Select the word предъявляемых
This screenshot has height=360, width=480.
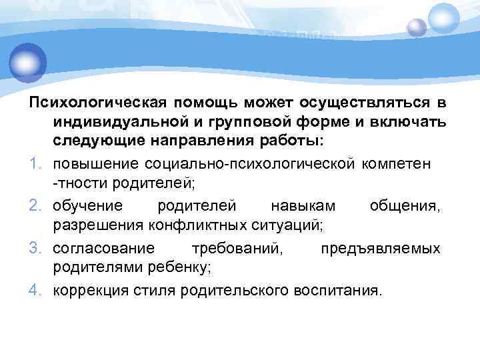pos(380,249)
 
